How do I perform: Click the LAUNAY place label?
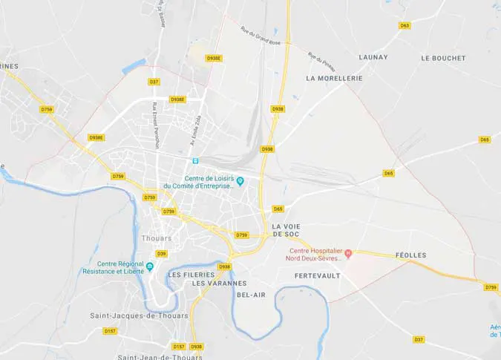(x=373, y=57)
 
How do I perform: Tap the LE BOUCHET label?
(x=443, y=58)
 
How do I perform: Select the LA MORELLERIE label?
(x=334, y=78)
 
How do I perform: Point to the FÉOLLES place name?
(x=410, y=255)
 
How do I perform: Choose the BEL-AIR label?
(x=251, y=295)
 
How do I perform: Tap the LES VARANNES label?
(x=219, y=284)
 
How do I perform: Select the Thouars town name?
(x=156, y=238)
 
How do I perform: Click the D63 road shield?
(x=405, y=25)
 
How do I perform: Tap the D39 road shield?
(x=162, y=254)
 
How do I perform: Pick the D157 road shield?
(x=110, y=331)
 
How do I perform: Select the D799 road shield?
(x=491, y=287)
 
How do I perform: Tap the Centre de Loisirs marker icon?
(x=240, y=180)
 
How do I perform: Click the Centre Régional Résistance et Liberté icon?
(x=150, y=266)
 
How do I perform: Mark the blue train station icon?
(x=195, y=160)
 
